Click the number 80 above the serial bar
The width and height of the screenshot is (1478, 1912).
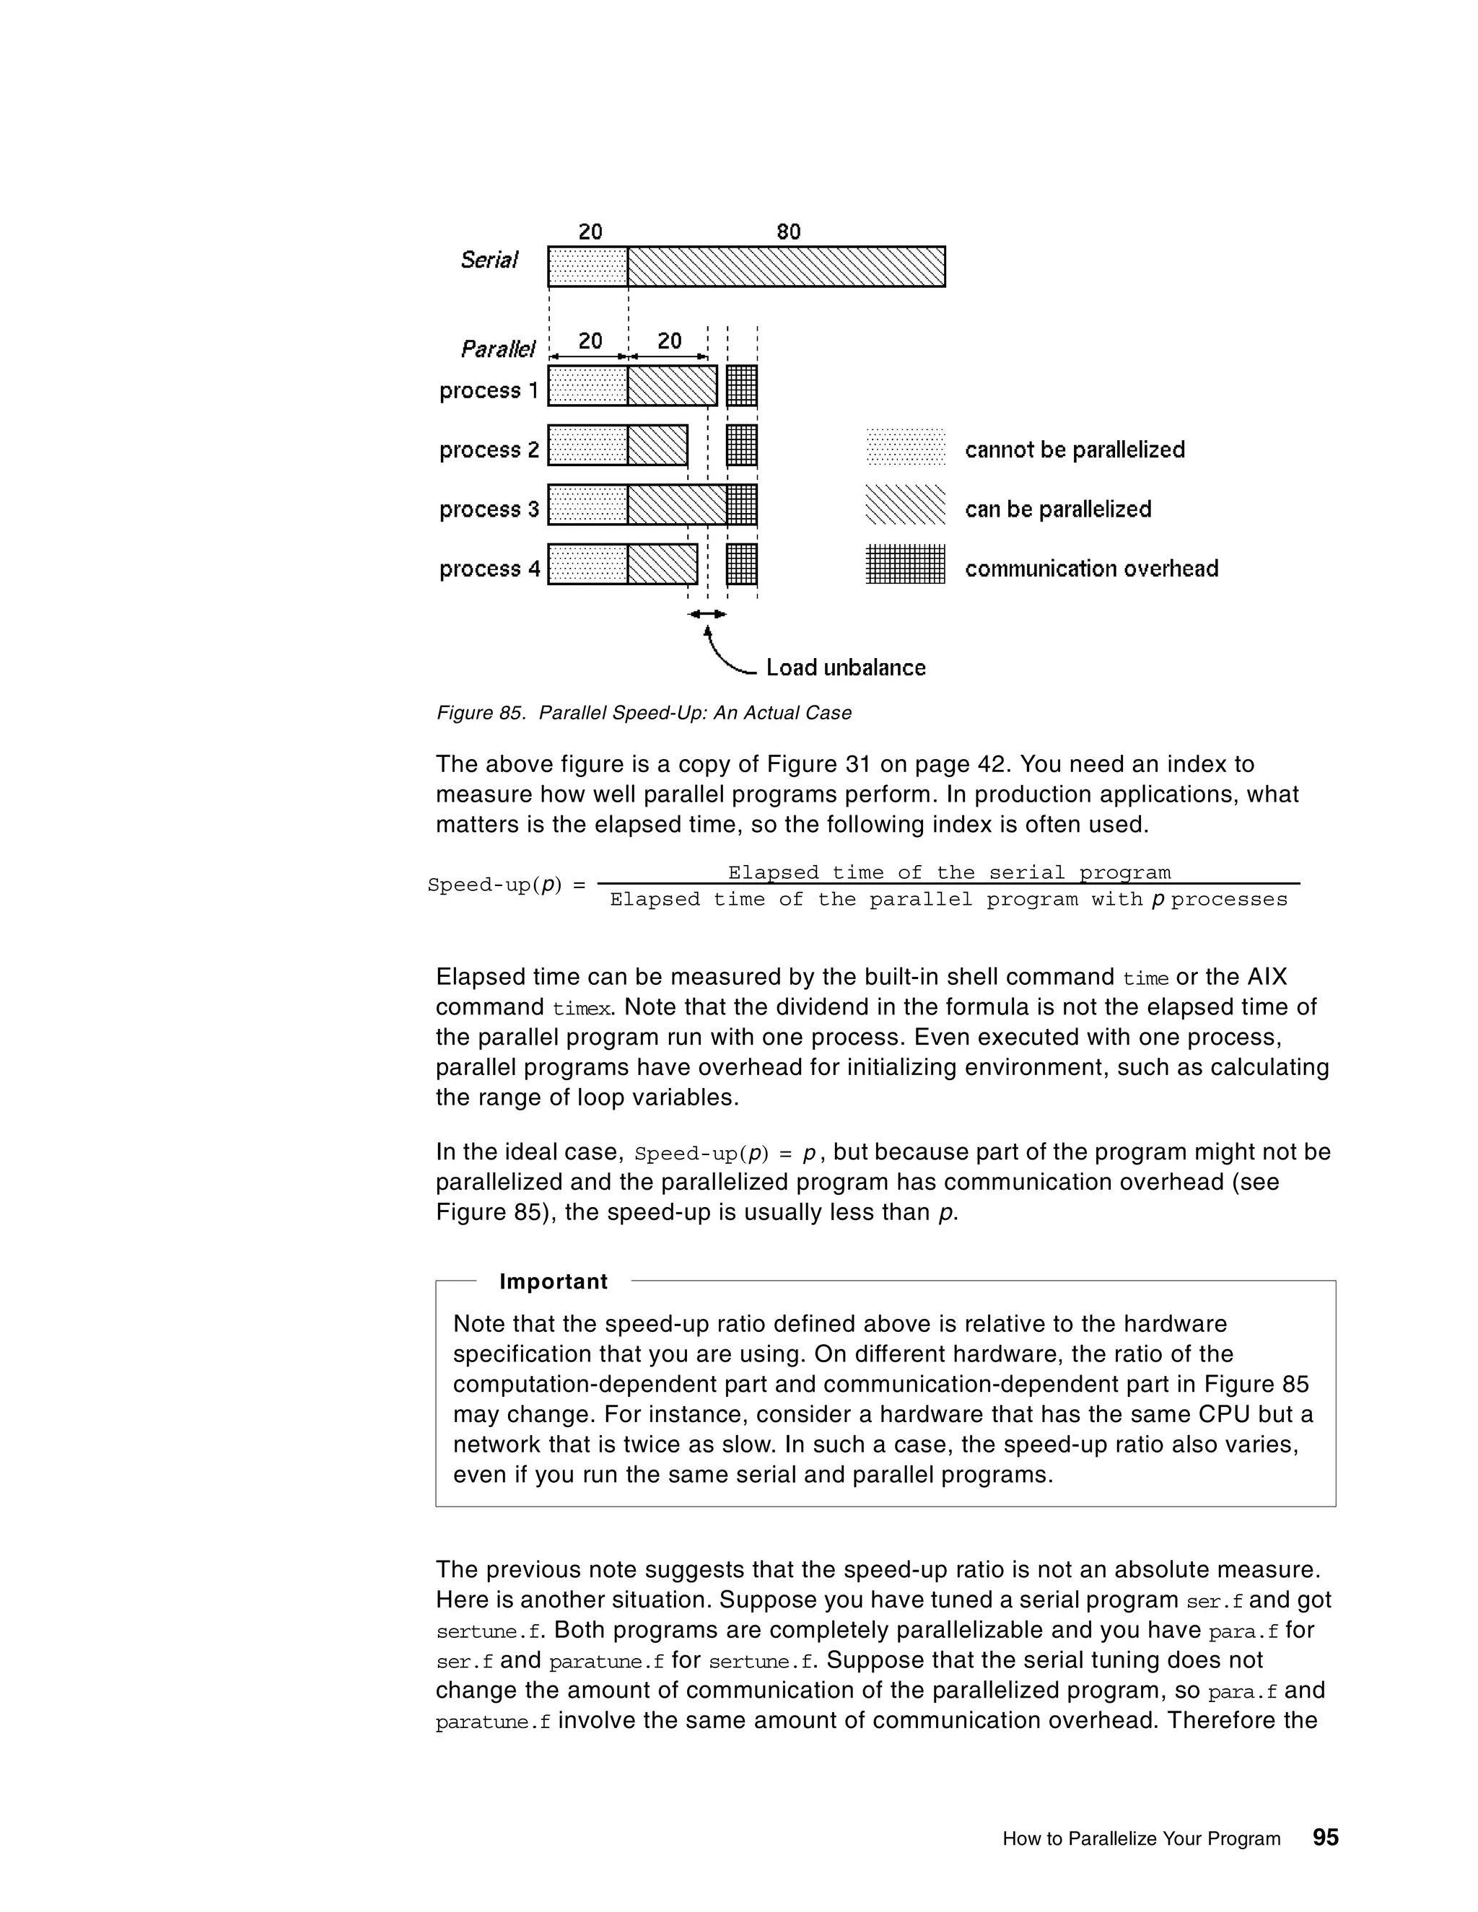pos(788,232)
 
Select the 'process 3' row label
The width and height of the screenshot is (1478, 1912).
pos(489,509)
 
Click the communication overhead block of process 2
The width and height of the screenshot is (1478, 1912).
pos(742,446)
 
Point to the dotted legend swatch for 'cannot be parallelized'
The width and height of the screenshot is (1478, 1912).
pos(906,447)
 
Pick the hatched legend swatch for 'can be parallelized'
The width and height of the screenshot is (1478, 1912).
pos(906,505)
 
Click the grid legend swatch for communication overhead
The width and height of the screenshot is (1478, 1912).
pos(906,565)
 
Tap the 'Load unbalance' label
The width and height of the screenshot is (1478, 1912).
pos(846,668)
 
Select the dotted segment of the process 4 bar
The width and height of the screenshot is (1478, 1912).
pos(587,565)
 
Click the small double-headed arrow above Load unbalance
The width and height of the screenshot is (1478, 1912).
pos(707,615)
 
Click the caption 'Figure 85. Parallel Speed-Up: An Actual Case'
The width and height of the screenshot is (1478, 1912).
pos(644,713)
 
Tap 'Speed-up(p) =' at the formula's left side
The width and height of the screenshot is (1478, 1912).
pos(506,885)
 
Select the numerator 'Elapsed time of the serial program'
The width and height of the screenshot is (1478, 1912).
pos(949,873)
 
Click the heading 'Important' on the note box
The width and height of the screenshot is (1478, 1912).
pos(554,1281)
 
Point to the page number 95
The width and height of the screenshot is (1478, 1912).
pos(1326,1837)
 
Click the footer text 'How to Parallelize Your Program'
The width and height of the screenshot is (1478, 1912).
pos(1141,1838)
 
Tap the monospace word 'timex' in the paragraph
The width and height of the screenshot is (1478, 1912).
pos(582,1009)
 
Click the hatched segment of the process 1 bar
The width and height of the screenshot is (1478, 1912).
pos(672,386)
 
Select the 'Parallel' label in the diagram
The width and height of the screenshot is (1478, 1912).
pos(497,349)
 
